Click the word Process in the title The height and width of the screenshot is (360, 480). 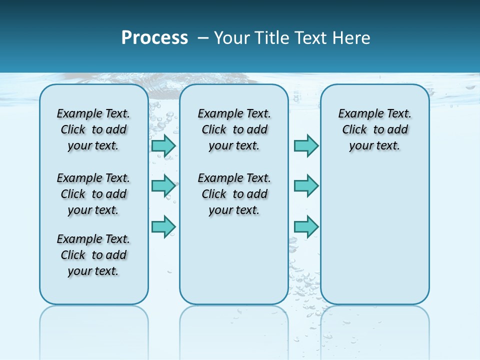click(154, 38)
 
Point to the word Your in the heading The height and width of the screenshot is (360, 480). click(233, 38)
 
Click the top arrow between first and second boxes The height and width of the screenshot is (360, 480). click(163, 146)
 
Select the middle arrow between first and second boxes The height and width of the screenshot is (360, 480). click(163, 186)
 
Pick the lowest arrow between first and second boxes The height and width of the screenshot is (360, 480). click(163, 226)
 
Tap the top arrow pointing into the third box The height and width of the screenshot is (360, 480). click(306, 146)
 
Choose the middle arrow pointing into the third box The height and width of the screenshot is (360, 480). click(306, 186)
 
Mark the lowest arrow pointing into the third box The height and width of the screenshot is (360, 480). click(306, 226)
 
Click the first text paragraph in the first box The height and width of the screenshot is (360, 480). click(93, 129)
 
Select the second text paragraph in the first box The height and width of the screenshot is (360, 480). click(93, 194)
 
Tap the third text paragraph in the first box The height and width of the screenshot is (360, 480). click(93, 255)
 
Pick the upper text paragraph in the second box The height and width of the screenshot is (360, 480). click(234, 129)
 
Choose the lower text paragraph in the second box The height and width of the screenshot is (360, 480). click(234, 194)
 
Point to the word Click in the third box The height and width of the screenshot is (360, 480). click(354, 129)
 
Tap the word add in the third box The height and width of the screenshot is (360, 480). click(397, 129)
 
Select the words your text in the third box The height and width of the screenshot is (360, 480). click(374, 146)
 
